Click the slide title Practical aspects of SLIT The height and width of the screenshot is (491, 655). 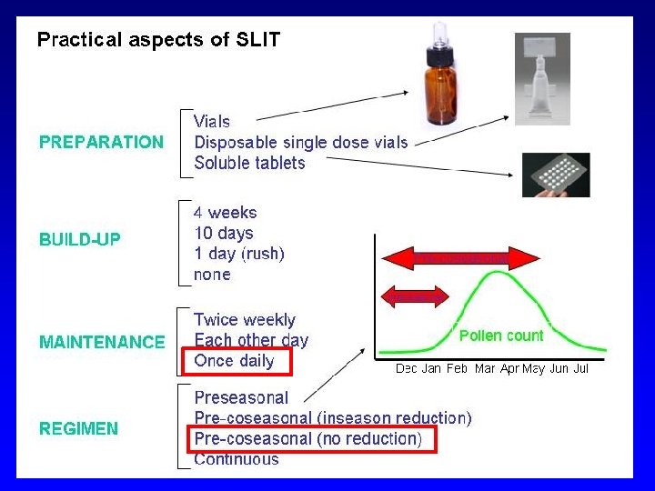coord(158,40)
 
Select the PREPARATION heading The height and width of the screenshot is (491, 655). coord(101,142)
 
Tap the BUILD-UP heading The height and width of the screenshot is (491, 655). coord(80,240)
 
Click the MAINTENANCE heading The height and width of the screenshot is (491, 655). coord(102,342)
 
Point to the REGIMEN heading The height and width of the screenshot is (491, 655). coord(78,428)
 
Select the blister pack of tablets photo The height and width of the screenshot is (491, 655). coord(555,174)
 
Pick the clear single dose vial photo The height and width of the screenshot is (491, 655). coord(542,78)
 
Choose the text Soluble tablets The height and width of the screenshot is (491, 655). coord(250,164)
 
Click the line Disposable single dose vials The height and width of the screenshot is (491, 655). coord(301,143)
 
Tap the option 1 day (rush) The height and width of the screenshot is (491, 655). coord(239,254)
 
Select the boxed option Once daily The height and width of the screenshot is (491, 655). coord(234,361)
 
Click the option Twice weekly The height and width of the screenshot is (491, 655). coord(245,320)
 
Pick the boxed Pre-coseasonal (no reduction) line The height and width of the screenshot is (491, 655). coord(308,439)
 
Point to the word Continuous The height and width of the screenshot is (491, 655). coord(237,459)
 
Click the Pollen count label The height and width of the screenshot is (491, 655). coord(501,336)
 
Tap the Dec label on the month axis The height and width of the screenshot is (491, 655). coord(407,369)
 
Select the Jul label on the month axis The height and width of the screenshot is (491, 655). coord(581,369)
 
